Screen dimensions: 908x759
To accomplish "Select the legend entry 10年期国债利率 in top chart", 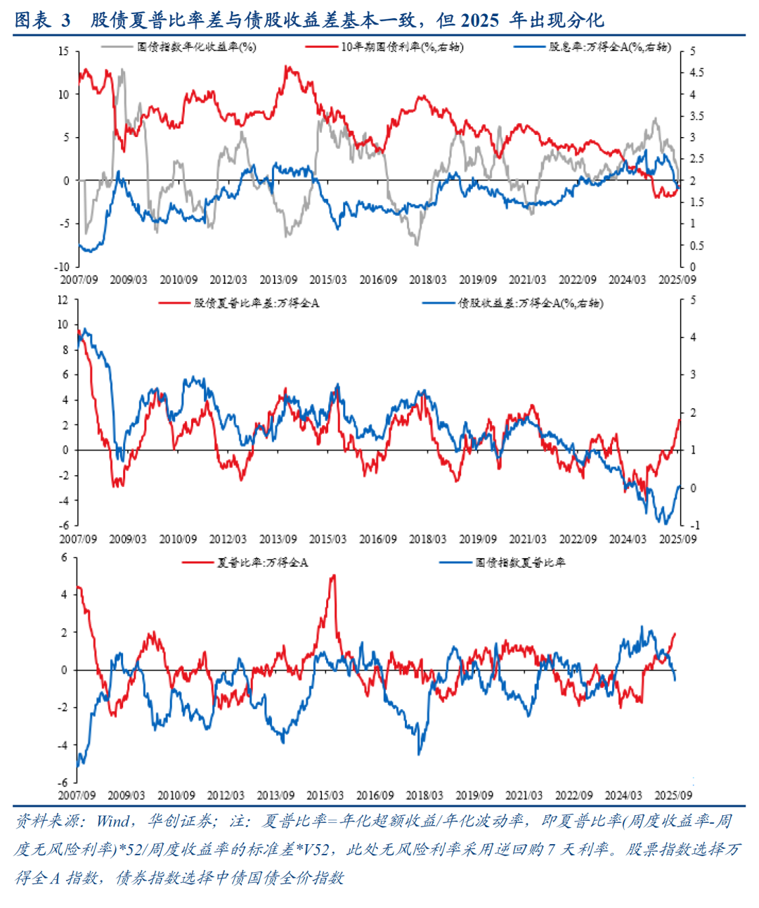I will coord(401,47).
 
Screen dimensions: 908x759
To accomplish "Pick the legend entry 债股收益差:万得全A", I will coord(531,303).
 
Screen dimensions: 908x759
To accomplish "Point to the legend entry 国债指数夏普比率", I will coord(520,562).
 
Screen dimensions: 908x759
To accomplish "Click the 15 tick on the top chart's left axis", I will coord(64,51).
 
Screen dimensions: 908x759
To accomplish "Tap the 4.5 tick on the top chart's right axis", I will coord(696,72).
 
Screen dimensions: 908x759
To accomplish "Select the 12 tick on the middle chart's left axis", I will coord(63,300).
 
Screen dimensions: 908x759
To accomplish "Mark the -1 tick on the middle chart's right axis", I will coord(694,525).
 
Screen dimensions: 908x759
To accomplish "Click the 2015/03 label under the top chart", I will coord(328,280).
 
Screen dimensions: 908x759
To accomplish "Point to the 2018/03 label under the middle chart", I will coord(427,539).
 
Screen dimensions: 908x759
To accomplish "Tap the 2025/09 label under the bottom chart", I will coord(673,796).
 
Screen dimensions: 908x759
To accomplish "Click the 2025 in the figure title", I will coord(480,20).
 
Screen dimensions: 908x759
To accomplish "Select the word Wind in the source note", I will coord(112,821).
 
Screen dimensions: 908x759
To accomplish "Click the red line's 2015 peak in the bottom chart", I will coord(333,576).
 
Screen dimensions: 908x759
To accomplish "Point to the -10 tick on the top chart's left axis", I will coord(62,266).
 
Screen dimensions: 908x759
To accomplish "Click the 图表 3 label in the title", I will coord(43,20).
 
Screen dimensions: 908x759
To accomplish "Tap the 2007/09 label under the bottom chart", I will coord(77,796).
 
